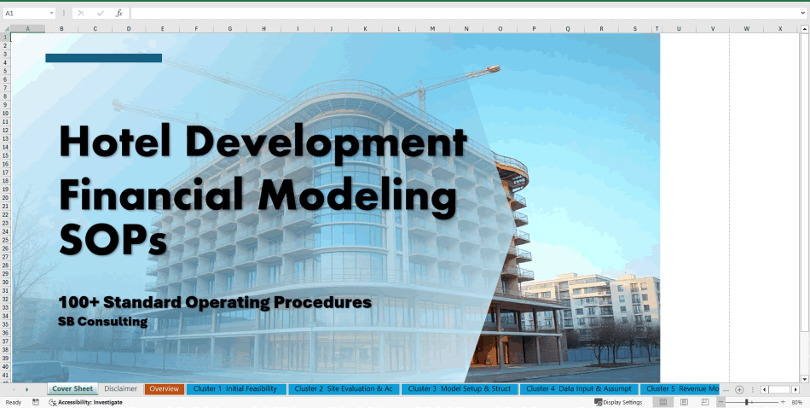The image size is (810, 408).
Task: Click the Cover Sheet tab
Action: (72, 389)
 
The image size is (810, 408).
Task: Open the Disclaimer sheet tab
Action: (120, 389)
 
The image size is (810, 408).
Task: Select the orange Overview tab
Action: (164, 389)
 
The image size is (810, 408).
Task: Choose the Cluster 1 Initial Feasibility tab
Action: (235, 389)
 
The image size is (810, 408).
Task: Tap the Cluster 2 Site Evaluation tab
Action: (344, 389)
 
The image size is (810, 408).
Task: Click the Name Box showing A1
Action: (26, 14)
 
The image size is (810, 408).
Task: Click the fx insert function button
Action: (119, 14)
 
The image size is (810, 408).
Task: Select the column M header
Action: (431, 29)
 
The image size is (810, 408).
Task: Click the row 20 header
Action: (5, 196)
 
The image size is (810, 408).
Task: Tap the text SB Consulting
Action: (102, 322)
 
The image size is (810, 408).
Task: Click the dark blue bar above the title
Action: (103, 58)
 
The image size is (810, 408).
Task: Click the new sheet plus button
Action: (739, 389)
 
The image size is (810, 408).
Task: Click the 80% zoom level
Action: (796, 402)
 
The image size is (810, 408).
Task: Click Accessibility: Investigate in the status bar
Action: (90, 402)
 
